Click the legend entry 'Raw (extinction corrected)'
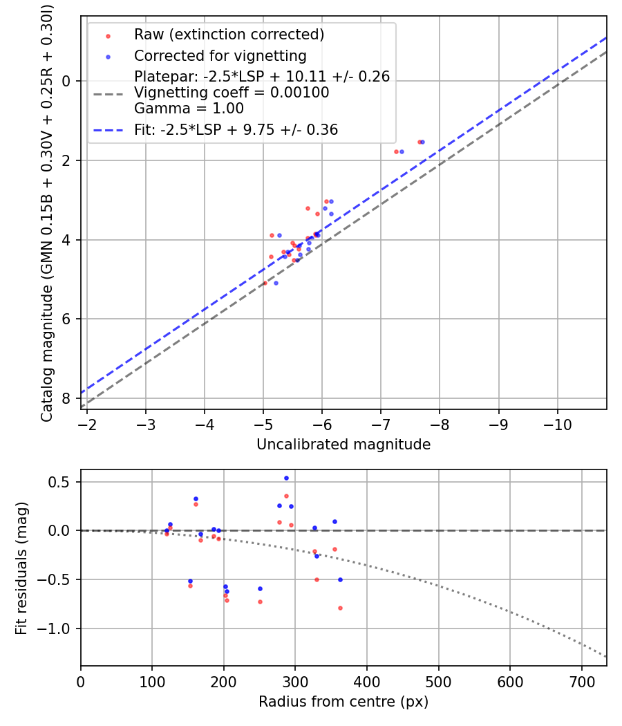229,35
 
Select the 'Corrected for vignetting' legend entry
220,55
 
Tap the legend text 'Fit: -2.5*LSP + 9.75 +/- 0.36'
236,129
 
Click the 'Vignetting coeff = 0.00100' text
232,93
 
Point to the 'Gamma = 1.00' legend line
189,109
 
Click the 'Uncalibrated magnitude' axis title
343,445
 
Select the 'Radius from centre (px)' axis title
343,702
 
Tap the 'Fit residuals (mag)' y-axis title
21,568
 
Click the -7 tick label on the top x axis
381,423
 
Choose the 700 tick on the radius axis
581,680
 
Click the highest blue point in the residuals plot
286,478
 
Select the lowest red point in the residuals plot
340,608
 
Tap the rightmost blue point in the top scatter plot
422,142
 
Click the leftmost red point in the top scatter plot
265,283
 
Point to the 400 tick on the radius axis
367,680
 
